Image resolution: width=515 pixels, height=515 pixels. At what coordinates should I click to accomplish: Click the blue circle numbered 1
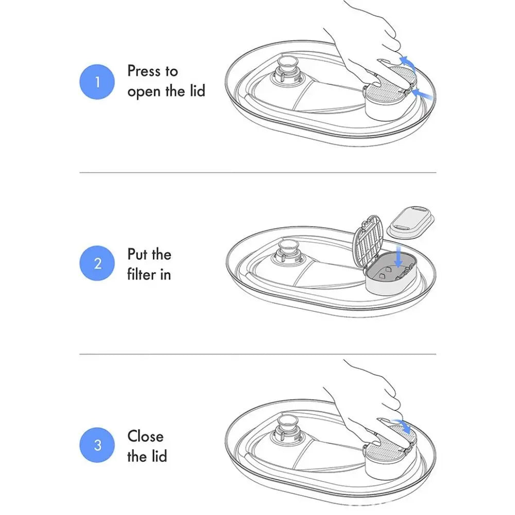[x=97, y=82]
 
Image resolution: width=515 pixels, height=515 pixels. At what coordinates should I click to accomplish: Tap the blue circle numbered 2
[x=97, y=263]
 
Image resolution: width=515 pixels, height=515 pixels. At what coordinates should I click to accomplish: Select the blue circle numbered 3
[x=97, y=445]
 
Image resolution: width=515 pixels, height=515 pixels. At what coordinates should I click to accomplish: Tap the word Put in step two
[x=137, y=254]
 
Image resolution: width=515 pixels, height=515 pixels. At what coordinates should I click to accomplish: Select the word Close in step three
[x=146, y=437]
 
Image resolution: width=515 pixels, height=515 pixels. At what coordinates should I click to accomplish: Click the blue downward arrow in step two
[x=399, y=256]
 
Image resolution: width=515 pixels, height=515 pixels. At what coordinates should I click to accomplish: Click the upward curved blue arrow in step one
[x=408, y=63]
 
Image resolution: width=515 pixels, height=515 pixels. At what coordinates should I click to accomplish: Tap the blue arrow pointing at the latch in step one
[x=422, y=94]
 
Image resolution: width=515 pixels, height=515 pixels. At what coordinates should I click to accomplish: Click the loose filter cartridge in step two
[x=411, y=221]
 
